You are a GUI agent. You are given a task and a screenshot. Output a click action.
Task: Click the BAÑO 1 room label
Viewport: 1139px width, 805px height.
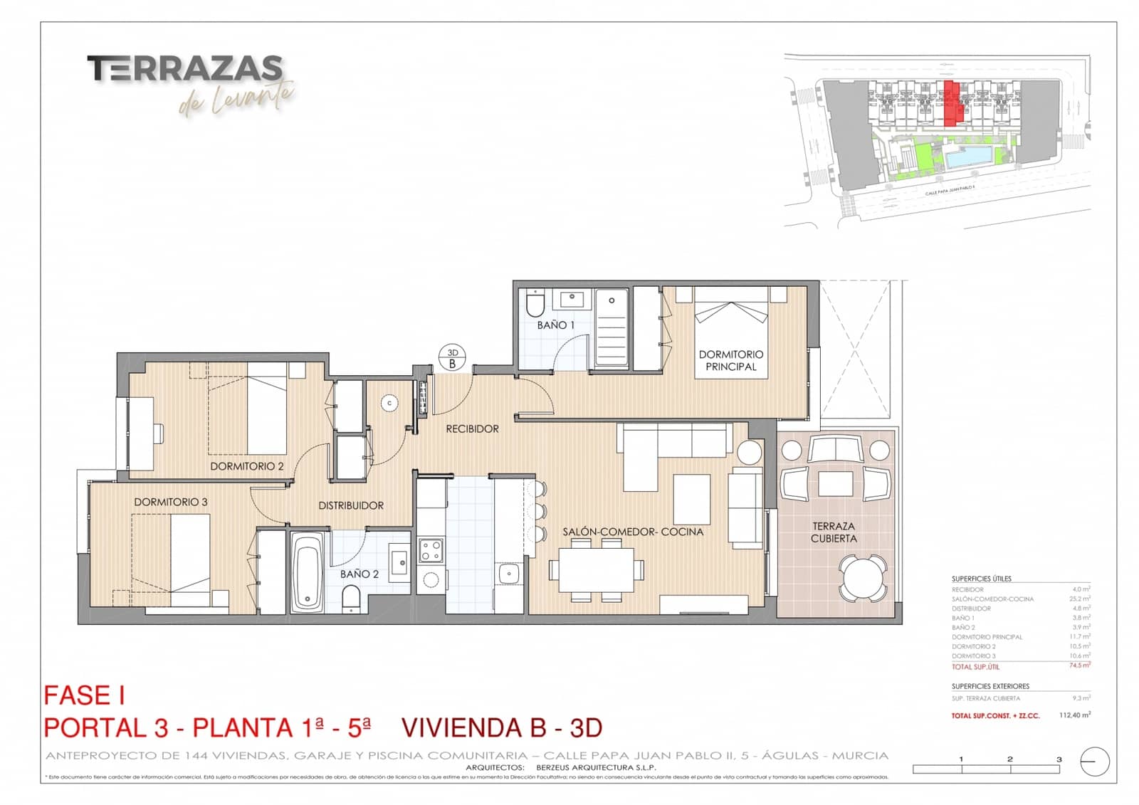click(x=555, y=325)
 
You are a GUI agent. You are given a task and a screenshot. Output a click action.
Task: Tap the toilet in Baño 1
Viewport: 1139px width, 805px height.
click(x=535, y=305)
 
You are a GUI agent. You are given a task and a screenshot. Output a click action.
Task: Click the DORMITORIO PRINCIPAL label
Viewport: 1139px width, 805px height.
click(x=730, y=360)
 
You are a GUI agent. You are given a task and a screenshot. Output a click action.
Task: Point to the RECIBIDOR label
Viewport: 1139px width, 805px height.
click(x=472, y=429)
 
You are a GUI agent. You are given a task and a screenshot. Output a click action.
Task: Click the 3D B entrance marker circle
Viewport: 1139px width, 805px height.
click(x=452, y=358)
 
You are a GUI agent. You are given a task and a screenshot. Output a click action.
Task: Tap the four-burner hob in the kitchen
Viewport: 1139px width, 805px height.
click(x=431, y=550)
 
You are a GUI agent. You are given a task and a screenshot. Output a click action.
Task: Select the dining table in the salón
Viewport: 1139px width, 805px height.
click(x=596, y=569)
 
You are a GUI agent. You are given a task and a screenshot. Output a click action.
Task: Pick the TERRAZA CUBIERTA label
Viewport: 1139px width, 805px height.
click(x=833, y=532)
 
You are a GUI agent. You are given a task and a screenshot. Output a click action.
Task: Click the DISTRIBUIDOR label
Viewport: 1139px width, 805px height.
click(x=351, y=505)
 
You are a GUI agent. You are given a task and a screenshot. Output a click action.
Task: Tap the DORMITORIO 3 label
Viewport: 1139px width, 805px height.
click(x=171, y=502)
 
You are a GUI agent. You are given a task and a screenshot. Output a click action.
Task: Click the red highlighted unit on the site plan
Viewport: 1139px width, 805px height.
click(x=952, y=104)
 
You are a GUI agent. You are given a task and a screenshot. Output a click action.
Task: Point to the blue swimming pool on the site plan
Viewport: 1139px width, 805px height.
click(x=969, y=156)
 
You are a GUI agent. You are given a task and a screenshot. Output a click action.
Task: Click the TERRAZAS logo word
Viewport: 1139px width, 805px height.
click(x=185, y=69)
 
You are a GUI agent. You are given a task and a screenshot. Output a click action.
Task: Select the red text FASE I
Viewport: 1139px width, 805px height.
click(x=85, y=695)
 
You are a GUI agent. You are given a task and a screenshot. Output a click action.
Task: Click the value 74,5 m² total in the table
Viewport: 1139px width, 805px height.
click(x=1079, y=665)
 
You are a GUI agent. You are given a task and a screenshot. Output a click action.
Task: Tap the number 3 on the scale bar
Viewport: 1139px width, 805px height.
click(x=1059, y=759)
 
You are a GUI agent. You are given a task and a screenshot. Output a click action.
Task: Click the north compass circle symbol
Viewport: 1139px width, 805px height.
click(x=1095, y=762)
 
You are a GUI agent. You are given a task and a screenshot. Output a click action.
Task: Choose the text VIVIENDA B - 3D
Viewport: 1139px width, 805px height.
click(x=502, y=728)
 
